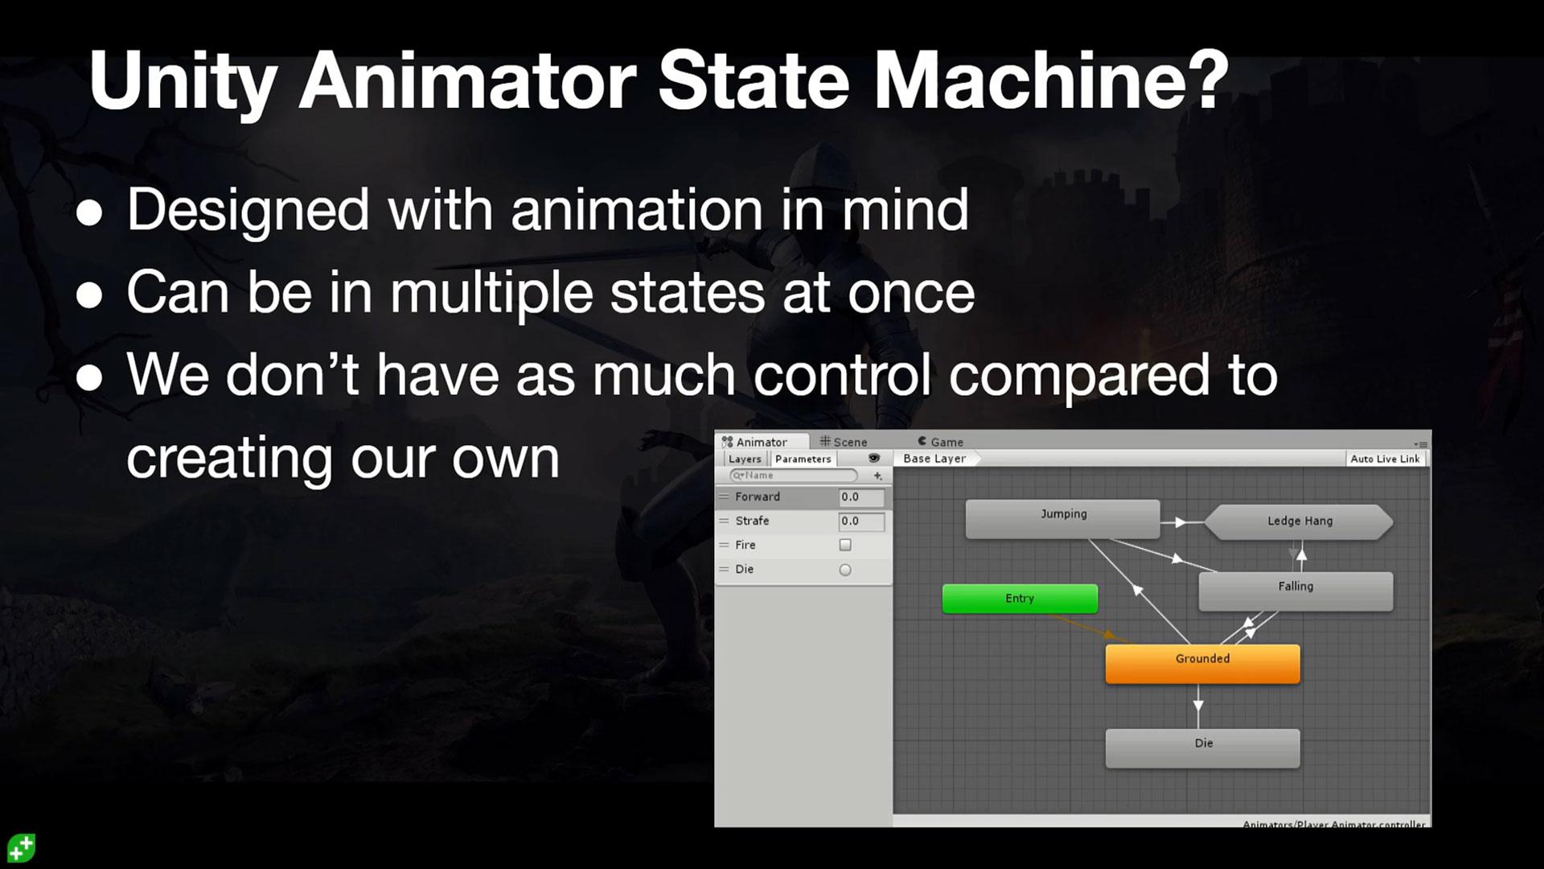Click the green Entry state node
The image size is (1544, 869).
(x=1020, y=599)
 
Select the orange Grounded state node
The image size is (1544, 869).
(x=1202, y=663)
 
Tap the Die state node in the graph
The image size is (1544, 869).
(x=1202, y=748)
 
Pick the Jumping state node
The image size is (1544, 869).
(x=1062, y=518)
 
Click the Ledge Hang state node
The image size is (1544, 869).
(x=1299, y=521)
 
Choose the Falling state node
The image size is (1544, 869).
(x=1295, y=591)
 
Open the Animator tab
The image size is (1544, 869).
(x=761, y=442)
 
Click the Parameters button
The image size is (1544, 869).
(x=803, y=459)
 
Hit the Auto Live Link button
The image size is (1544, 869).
(x=1385, y=459)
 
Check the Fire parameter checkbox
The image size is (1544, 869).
(x=845, y=545)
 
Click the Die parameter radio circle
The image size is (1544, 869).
(x=845, y=570)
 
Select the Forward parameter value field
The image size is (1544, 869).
(x=860, y=497)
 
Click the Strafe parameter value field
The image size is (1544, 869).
(x=860, y=521)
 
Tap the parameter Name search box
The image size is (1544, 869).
(x=795, y=476)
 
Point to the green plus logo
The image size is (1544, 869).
(x=21, y=848)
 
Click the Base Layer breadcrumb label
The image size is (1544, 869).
(x=934, y=459)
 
